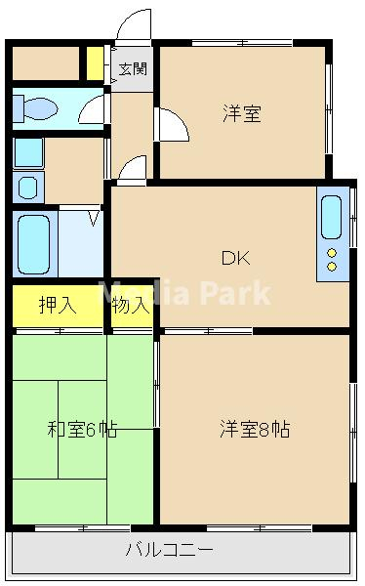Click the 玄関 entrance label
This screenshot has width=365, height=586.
(x=133, y=69)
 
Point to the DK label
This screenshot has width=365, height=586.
(x=235, y=258)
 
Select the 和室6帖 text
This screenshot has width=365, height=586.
(x=82, y=429)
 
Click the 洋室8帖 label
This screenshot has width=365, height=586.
(x=254, y=429)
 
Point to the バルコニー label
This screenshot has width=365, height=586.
(x=168, y=550)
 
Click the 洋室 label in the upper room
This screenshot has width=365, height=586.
(x=240, y=114)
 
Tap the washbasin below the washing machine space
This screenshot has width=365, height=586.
(x=28, y=187)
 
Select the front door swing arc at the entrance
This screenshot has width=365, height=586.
(x=133, y=27)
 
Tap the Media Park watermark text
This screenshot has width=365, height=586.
(x=185, y=293)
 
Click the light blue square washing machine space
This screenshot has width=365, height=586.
(x=28, y=152)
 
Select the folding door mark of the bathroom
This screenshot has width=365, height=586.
(x=94, y=218)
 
